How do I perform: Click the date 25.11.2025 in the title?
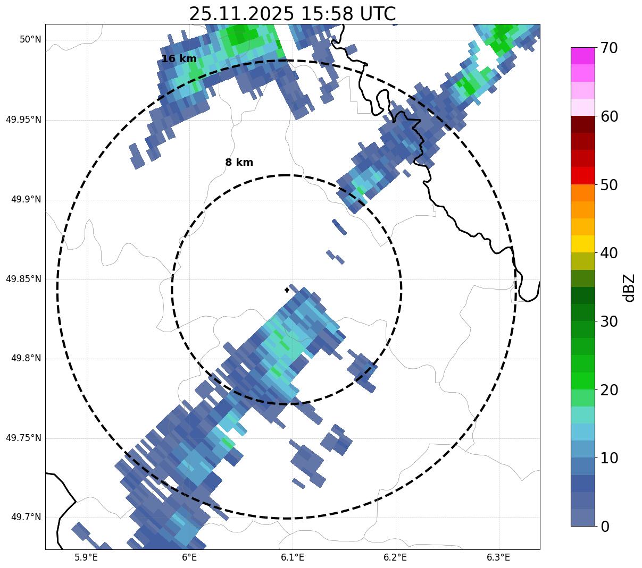pos(241,14)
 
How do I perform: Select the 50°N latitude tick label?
pos(30,40)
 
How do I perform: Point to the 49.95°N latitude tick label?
pos(23,120)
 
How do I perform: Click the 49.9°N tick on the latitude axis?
pos(26,199)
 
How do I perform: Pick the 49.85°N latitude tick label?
pos(23,279)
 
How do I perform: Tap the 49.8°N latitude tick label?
pos(26,359)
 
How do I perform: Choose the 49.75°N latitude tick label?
pos(23,438)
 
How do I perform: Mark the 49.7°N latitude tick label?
pos(26,518)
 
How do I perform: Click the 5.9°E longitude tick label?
pos(86,557)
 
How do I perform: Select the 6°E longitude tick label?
pos(189,557)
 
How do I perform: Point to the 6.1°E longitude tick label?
pos(293,557)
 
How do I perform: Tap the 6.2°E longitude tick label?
pos(395,557)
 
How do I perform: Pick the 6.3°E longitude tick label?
pos(498,557)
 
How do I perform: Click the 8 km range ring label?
pos(239,163)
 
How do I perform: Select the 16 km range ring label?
pos(179,59)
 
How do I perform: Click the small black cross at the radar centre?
pos(287,290)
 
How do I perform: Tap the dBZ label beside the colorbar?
pos(629,288)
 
